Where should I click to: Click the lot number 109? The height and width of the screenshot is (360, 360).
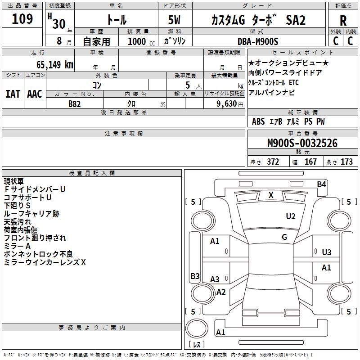(22, 19)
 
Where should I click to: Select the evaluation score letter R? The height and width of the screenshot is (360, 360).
(343, 21)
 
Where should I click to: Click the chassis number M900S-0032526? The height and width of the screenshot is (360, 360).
(302, 143)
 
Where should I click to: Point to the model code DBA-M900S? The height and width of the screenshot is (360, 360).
(257, 41)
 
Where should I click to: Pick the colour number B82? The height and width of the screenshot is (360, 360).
(75, 104)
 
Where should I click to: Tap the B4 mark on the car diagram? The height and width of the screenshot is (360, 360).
(321, 184)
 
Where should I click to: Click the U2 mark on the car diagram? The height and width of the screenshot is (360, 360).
(291, 216)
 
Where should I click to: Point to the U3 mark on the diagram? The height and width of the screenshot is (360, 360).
(327, 252)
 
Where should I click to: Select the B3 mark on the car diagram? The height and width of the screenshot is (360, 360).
(195, 276)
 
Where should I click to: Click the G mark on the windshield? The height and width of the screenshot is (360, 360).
(284, 237)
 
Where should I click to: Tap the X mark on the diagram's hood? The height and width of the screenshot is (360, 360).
(271, 195)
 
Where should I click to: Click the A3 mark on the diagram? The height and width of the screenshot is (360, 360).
(215, 279)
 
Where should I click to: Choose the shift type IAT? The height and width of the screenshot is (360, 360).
(13, 94)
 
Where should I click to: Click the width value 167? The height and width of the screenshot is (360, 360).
(310, 162)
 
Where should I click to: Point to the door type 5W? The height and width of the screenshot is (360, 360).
(175, 20)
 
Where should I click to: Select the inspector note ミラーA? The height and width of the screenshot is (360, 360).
(17, 246)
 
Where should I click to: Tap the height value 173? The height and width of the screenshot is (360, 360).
(346, 162)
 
